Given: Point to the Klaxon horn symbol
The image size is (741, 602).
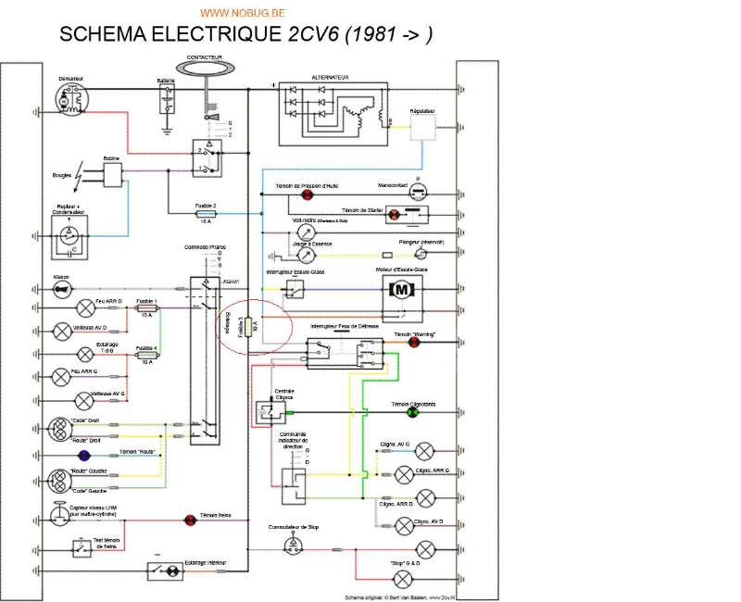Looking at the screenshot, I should click(63, 289).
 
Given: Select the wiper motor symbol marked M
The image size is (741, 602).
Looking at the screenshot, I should click(402, 290).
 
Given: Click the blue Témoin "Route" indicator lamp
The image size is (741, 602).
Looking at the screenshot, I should click(84, 454).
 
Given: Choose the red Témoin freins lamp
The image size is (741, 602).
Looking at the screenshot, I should click(191, 520).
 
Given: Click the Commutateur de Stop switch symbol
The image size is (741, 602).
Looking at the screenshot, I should click(293, 545).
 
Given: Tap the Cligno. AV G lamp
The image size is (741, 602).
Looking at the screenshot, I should click(425, 451).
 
